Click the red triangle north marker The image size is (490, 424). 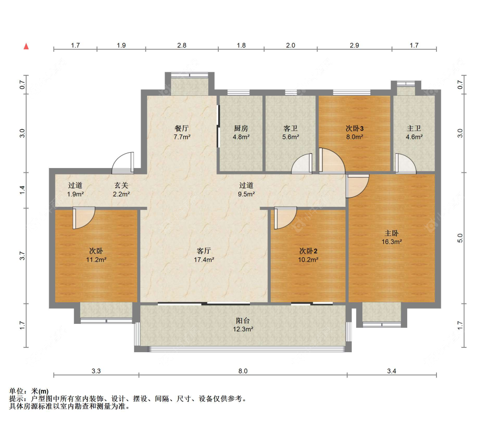click(26, 47)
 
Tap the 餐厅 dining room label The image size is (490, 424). click(182, 128)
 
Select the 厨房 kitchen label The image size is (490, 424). click(241, 128)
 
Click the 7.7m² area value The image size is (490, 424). click(182, 137)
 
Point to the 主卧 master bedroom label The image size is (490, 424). click(392, 233)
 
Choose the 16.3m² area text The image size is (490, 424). click(392, 242)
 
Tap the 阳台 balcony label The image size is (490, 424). click(243, 321)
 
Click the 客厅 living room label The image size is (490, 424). click(204, 251)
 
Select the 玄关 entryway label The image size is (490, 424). click(121, 185)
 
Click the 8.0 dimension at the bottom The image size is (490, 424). click(243, 371)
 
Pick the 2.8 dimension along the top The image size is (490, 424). click(182, 45)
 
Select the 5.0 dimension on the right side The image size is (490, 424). click(460, 238)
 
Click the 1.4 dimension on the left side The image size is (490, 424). click(22, 190)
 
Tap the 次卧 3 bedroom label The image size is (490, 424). click(355, 128)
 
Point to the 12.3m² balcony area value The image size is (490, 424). click(243, 329)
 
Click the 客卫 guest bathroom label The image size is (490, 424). click(291, 128)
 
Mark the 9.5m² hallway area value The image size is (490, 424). click(246, 194)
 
